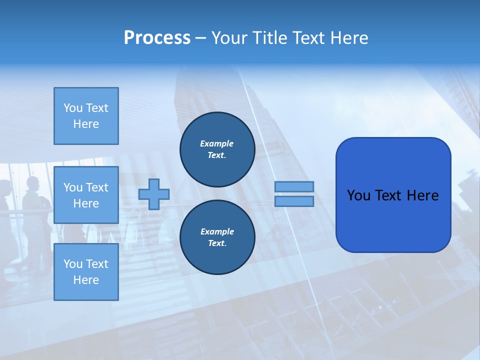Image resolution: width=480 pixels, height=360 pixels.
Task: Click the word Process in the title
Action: click(157, 38)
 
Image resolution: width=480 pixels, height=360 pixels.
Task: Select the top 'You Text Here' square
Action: click(86, 116)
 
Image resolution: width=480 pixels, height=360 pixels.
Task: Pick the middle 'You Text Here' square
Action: click(86, 195)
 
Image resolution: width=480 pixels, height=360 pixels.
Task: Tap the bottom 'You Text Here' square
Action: click(86, 272)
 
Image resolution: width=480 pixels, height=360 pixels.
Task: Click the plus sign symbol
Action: click(154, 194)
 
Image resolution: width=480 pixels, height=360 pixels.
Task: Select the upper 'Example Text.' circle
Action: click(217, 149)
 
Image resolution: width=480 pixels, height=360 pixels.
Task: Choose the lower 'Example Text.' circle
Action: click(217, 237)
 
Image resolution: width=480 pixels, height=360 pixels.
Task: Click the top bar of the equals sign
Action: click(294, 186)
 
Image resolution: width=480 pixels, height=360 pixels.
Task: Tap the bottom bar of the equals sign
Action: click(294, 201)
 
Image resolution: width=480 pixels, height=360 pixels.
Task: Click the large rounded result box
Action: click(393, 195)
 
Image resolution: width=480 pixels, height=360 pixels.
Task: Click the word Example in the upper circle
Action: click(216, 143)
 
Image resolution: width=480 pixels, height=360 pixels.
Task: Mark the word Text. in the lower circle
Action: click(217, 243)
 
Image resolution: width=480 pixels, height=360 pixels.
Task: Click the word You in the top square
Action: click(72, 108)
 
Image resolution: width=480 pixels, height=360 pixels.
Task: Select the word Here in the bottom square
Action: click(86, 280)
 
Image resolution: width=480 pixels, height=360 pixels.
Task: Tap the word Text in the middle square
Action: click(97, 187)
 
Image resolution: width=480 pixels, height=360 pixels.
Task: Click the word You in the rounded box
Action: click(358, 195)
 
